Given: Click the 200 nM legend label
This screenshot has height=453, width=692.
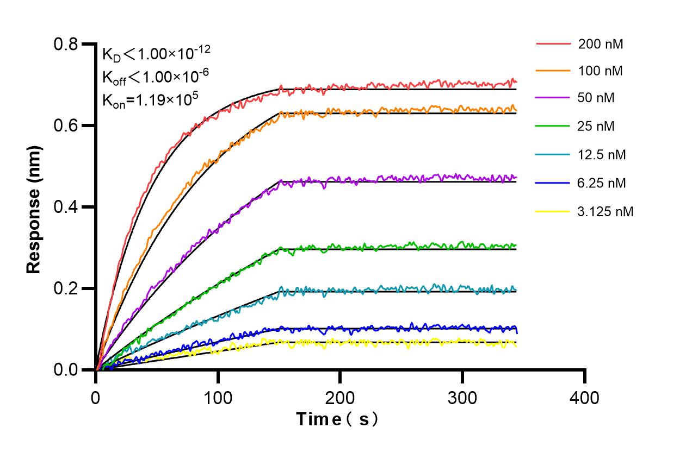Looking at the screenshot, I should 601,45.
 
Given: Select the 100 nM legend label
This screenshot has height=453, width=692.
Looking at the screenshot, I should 601,71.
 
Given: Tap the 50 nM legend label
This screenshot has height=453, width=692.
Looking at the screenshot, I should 597,98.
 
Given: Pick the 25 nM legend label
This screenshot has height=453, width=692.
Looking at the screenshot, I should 597,127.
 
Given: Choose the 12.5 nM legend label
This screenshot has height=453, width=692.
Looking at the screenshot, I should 602,155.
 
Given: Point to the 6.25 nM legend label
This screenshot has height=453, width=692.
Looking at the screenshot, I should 602,183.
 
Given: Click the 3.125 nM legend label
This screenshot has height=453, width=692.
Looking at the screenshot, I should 605,211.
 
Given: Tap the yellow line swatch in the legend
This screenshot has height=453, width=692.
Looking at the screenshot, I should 553,211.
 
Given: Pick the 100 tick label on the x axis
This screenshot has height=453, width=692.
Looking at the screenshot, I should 218,398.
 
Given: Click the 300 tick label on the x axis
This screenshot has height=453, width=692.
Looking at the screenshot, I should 462,398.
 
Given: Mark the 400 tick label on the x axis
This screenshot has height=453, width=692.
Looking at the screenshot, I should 584,398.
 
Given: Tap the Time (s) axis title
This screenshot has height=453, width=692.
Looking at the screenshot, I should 337,419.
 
